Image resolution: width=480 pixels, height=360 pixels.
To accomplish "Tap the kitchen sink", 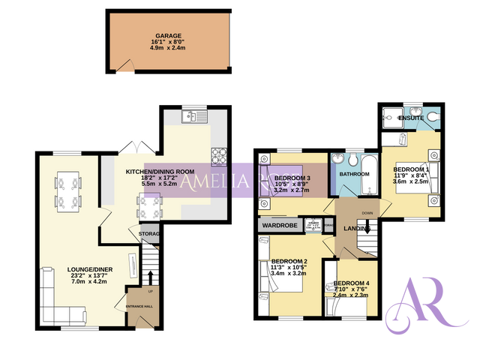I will pyautogui.click(x=193, y=116).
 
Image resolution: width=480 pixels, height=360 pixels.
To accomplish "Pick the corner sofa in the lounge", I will pyautogui.click(x=49, y=300).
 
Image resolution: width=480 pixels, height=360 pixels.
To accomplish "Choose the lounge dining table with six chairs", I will pyautogui.click(x=67, y=191).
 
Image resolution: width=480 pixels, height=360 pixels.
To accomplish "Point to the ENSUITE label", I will pyautogui.click(x=411, y=118).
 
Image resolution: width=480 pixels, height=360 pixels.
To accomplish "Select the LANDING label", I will pyautogui.click(x=355, y=229).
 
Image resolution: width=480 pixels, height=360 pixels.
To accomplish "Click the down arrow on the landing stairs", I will pyautogui.click(x=367, y=229).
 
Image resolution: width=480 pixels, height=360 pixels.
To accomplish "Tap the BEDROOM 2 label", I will pyautogui.click(x=289, y=261).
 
